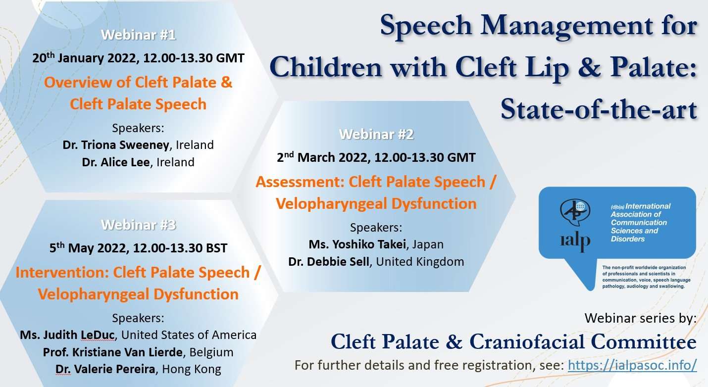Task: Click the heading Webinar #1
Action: (x=138, y=35)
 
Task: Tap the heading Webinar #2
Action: (x=376, y=134)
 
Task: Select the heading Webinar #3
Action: (x=138, y=225)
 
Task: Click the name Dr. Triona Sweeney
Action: (x=116, y=145)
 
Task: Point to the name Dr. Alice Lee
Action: (x=116, y=162)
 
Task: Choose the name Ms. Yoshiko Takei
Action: (x=357, y=244)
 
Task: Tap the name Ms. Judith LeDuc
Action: (x=67, y=335)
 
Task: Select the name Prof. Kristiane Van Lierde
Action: (x=112, y=352)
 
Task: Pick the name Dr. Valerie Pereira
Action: (x=105, y=369)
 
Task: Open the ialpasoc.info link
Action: (x=632, y=365)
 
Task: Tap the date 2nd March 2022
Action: (x=322, y=157)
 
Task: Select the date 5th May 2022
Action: (x=89, y=247)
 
